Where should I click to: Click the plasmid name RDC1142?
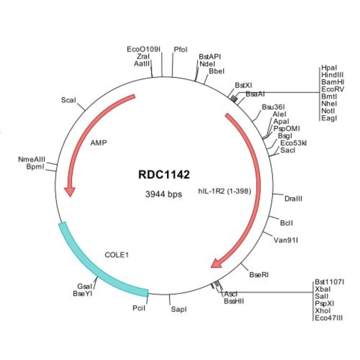point(164,175)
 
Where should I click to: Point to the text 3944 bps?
point(164,194)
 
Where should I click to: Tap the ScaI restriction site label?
point(69,100)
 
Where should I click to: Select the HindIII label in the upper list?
point(332,75)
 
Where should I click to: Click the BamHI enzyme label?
point(332,82)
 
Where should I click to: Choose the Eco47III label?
point(329,318)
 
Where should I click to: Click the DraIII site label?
point(293,198)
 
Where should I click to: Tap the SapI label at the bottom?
point(178,308)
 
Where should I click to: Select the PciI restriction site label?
point(139,307)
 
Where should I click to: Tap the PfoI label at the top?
point(181,49)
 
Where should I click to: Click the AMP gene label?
point(98,142)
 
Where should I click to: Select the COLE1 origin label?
point(116,255)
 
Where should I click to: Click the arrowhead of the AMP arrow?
point(70,191)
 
